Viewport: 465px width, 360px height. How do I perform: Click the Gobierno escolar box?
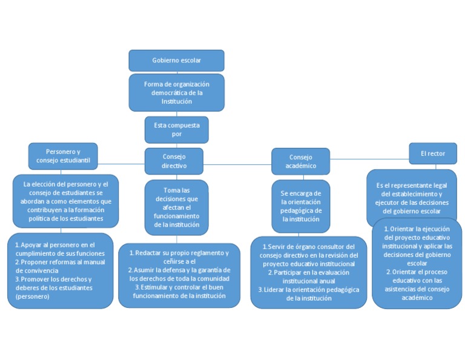(176, 61)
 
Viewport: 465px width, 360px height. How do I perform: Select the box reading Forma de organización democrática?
(176, 93)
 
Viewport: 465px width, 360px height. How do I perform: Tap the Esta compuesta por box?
(176, 130)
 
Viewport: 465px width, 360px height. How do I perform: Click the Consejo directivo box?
(174, 161)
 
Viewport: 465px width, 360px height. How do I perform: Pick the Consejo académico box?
(300, 161)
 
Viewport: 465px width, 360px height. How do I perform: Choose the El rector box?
(432, 154)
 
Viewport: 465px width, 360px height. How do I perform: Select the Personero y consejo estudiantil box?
(63, 156)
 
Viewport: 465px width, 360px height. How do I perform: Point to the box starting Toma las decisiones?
(176, 207)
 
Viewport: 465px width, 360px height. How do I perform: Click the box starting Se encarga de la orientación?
(300, 206)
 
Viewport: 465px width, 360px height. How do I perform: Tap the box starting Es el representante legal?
(411, 198)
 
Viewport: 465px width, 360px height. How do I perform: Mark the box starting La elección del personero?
(65, 201)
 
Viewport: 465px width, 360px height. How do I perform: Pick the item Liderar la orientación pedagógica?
(308, 293)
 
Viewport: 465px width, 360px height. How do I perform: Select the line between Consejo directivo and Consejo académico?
(237, 164)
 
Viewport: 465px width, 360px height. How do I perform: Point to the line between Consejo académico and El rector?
(369, 159)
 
